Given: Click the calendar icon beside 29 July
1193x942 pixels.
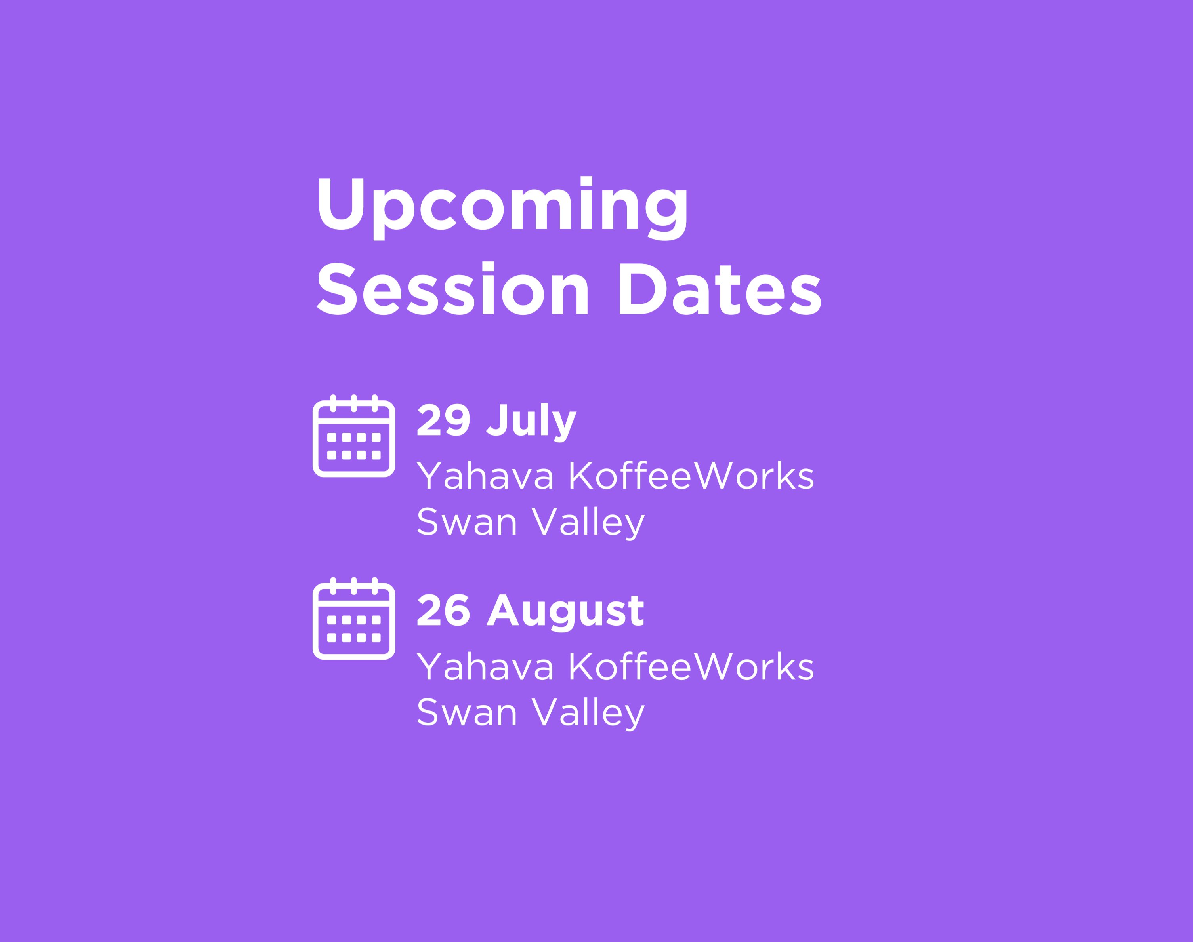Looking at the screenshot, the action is point(354,436).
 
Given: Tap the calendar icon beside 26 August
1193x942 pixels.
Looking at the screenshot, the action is point(354,618).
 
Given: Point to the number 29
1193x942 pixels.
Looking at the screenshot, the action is point(444,420).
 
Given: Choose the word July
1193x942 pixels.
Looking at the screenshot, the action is point(531,422).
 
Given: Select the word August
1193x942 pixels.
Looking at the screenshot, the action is point(565,612).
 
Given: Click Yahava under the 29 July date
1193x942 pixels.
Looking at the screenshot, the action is point(485,476).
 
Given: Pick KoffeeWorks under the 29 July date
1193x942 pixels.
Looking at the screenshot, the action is point(691,476).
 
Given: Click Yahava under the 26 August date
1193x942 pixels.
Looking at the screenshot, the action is point(485,666).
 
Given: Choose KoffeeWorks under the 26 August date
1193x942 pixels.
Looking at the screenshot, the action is point(691,666).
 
